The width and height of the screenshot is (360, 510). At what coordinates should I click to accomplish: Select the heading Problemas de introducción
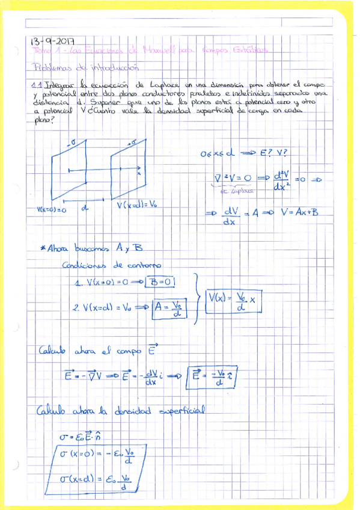pos(86,67)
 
